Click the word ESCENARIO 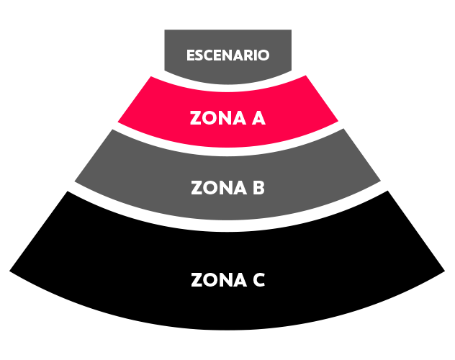point(227,55)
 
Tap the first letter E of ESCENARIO point(190,55)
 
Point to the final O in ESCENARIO point(263,55)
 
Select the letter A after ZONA point(258,118)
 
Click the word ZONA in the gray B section point(219,188)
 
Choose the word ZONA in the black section point(219,279)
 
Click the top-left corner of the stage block point(165,30)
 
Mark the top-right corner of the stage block point(292,30)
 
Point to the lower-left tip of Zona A point(118,122)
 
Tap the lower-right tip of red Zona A point(338,121)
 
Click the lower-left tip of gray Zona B point(75,181)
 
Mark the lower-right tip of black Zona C point(445,271)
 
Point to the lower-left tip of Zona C point(9,271)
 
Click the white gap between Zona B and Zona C point(227,226)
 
